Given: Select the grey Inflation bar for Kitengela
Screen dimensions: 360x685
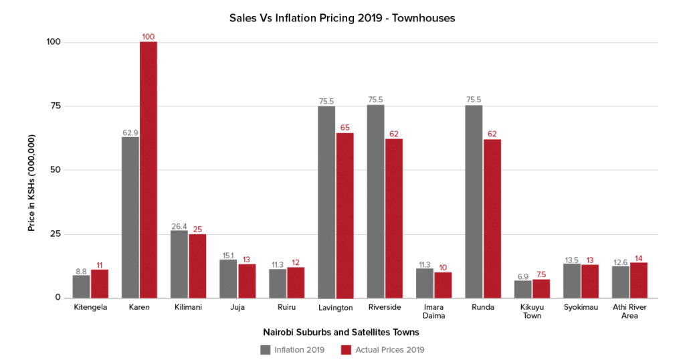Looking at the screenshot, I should [x=81, y=286].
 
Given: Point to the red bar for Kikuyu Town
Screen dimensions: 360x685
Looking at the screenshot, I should [x=541, y=288].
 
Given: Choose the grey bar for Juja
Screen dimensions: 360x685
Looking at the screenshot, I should [x=228, y=278].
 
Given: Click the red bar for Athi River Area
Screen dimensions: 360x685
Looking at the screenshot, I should [x=638, y=280].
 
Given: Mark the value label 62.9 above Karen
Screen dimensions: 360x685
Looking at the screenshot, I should [x=130, y=132].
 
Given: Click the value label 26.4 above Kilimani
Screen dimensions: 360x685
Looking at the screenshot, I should [x=179, y=226].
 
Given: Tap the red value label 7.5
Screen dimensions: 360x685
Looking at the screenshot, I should [x=541, y=274].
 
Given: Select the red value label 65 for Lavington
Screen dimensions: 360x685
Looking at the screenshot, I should [x=345, y=127].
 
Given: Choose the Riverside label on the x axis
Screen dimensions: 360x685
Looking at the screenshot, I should [x=384, y=308].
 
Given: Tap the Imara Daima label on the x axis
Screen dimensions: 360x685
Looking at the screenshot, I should [x=433, y=312].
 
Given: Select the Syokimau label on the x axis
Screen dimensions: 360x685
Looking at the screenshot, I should [x=581, y=308].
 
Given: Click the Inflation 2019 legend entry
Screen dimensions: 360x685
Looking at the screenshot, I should [x=293, y=349].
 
